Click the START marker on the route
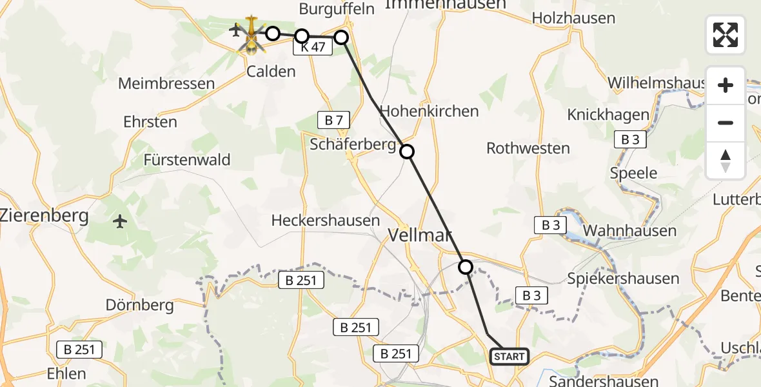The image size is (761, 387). (509, 356)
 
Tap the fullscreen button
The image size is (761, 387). (726, 35)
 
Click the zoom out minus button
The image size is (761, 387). (726, 123)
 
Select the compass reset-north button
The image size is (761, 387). (726, 161)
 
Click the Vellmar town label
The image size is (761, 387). (420, 235)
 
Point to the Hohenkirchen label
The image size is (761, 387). (430, 111)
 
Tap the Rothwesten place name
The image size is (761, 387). (528, 148)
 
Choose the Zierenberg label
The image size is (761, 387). (44, 215)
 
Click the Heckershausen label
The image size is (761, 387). (326, 221)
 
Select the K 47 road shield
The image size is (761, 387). (313, 47)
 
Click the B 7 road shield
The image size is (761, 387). (334, 119)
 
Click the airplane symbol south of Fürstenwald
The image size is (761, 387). (120, 222)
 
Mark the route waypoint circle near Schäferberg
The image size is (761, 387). (407, 152)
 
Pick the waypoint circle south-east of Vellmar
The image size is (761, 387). (465, 266)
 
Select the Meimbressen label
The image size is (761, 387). (166, 84)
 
